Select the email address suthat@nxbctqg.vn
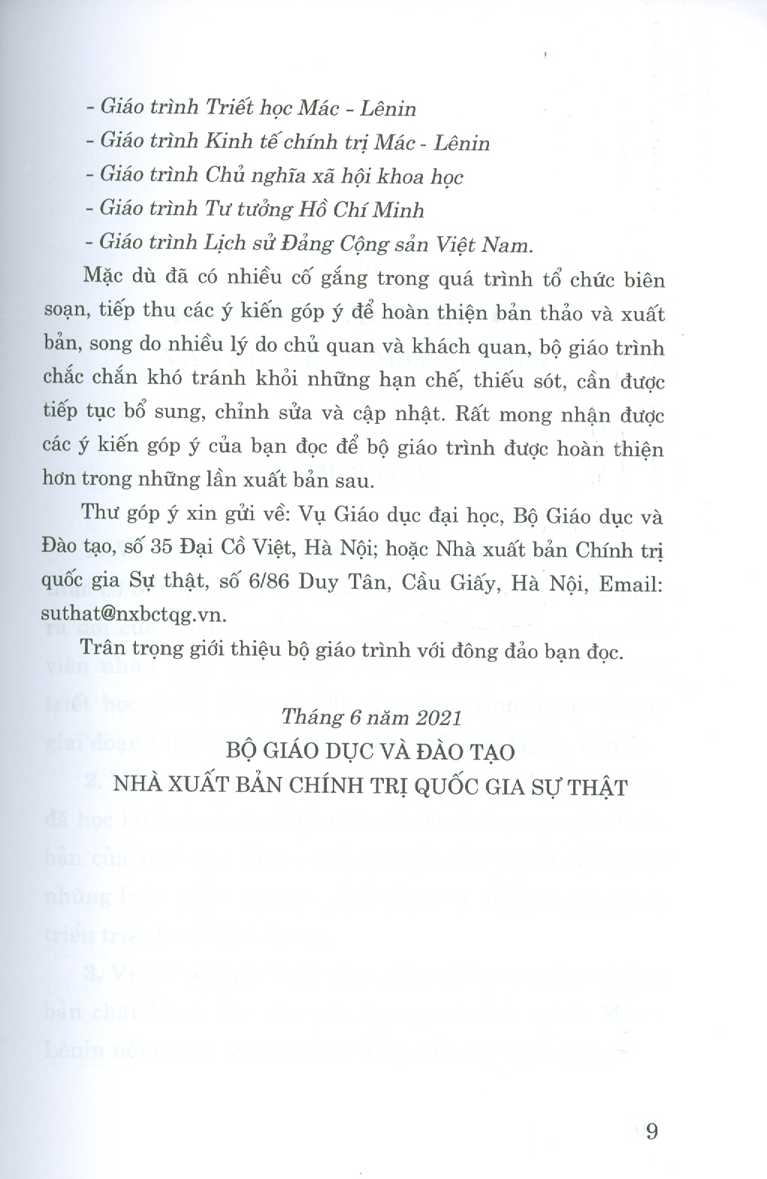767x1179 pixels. (x=143, y=615)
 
